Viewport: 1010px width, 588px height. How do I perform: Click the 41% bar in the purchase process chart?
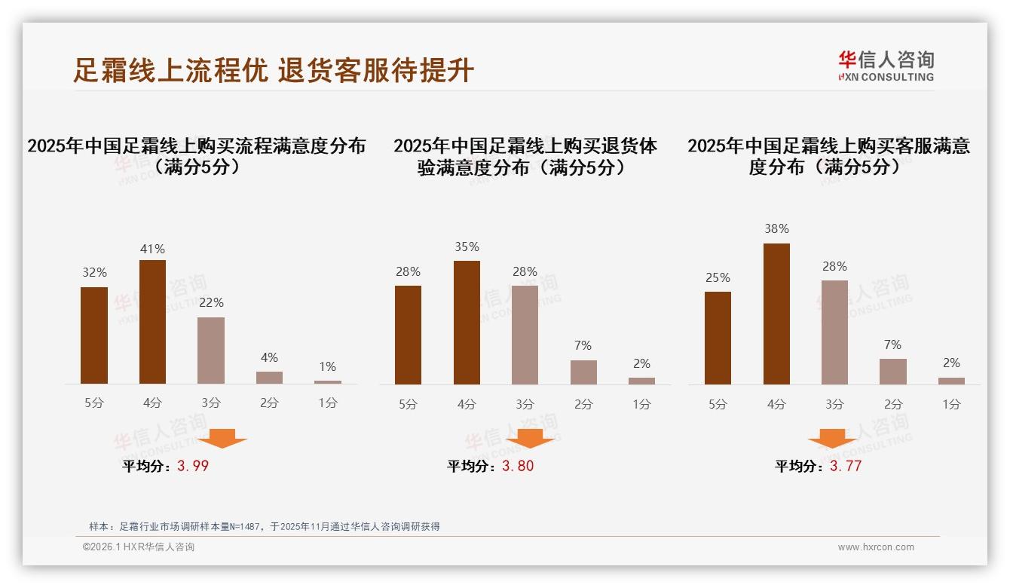point(152,322)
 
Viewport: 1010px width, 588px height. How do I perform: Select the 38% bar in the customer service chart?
point(776,314)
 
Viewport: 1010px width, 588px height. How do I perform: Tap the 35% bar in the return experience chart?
point(467,323)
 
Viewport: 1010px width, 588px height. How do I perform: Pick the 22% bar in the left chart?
point(211,351)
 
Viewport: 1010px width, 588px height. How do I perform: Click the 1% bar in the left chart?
point(328,382)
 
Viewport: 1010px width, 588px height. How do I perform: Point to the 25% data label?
point(718,278)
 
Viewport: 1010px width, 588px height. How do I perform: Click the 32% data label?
point(94,273)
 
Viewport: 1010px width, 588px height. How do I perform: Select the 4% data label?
point(269,357)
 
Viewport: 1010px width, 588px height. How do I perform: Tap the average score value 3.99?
point(193,466)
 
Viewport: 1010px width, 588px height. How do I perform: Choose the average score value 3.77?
point(846,466)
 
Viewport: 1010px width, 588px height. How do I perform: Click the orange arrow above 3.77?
point(832,439)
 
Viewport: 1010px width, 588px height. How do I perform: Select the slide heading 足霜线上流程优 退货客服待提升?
point(274,70)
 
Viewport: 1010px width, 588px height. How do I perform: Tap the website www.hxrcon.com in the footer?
point(876,547)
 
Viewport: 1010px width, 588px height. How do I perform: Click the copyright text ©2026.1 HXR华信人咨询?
point(139,547)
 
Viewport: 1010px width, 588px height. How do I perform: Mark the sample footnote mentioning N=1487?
point(264,526)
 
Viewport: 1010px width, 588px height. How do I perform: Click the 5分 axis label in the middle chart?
point(408,404)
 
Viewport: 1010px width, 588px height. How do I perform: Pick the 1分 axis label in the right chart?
point(951,404)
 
